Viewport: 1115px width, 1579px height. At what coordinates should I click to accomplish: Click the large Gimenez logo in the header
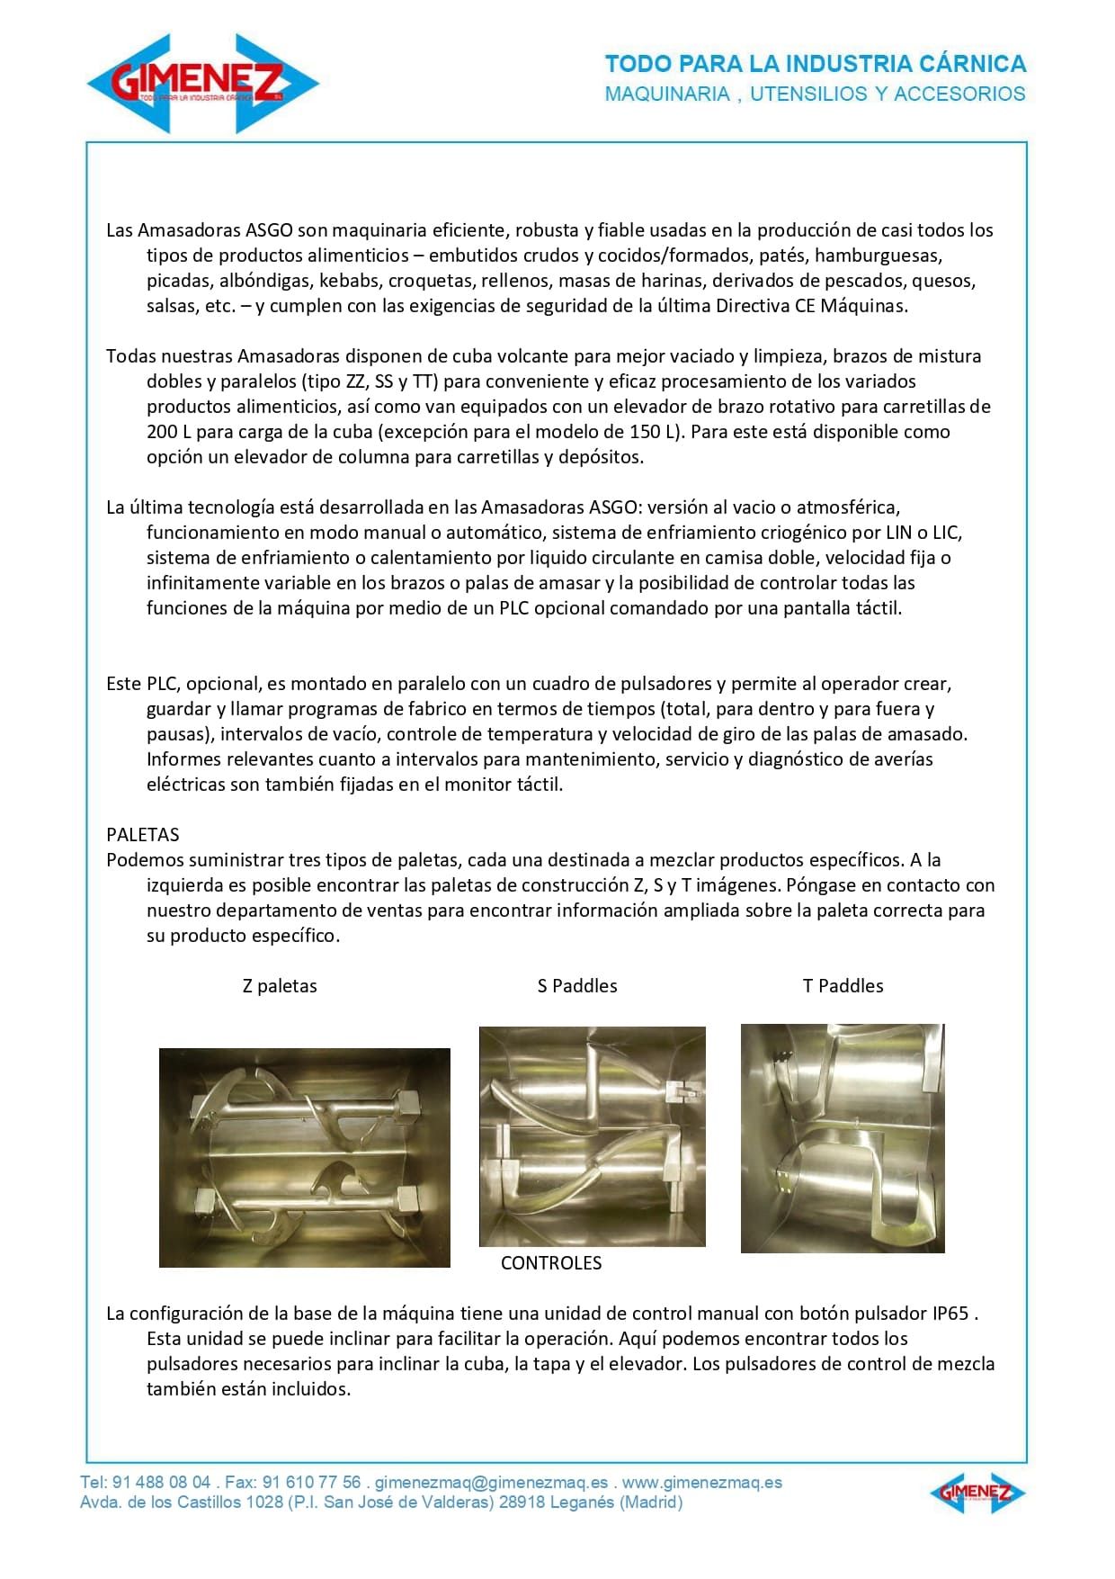click(x=203, y=84)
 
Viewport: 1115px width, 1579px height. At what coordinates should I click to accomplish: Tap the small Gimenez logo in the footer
click(x=977, y=1493)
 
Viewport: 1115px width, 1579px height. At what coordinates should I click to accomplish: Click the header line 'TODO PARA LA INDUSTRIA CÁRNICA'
click(x=815, y=64)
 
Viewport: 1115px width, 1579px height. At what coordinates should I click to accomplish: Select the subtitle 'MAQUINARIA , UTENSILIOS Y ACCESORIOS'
click(x=815, y=94)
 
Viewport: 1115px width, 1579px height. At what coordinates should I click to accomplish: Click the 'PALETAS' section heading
click(x=143, y=834)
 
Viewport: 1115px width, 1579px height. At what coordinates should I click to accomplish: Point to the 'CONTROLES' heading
click(x=551, y=1262)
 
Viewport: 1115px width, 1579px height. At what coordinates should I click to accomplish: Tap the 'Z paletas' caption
click(x=280, y=985)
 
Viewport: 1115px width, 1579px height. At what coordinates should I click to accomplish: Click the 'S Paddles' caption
click(x=577, y=985)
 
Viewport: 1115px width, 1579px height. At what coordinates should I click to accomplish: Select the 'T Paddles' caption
click(x=843, y=985)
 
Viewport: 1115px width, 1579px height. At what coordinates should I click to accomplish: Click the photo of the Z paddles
click(x=304, y=1157)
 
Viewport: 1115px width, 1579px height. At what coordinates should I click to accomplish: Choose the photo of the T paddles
click(x=843, y=1138)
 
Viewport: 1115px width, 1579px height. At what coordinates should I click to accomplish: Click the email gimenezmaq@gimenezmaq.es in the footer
click(x=491, y=1482)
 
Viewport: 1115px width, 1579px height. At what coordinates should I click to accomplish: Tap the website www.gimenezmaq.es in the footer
click(x=702, y=1482)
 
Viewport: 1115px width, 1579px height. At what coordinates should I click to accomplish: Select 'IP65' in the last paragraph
click(x=950, y=1313)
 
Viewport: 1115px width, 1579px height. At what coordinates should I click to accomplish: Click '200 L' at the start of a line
click(x=168, y=431)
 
